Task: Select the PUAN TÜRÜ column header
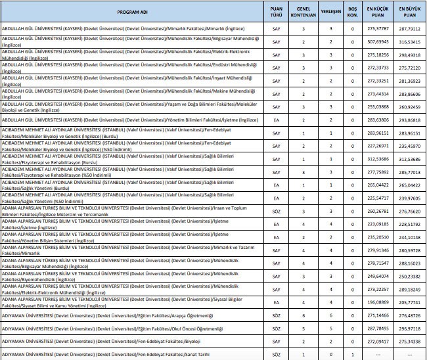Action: (x=277, y=12)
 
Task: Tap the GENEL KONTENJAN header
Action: (x=304, y=12)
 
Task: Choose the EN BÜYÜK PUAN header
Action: (x=410, y=12)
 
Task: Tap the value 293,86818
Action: (x=410, y=120)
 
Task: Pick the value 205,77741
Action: (x=410, y=303)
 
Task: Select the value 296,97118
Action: (x=410, y=328)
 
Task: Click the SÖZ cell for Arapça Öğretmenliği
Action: (x=277, y=316)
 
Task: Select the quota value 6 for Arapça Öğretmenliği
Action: (x=304, y=316)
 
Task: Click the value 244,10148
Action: (x=410, y=238)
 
